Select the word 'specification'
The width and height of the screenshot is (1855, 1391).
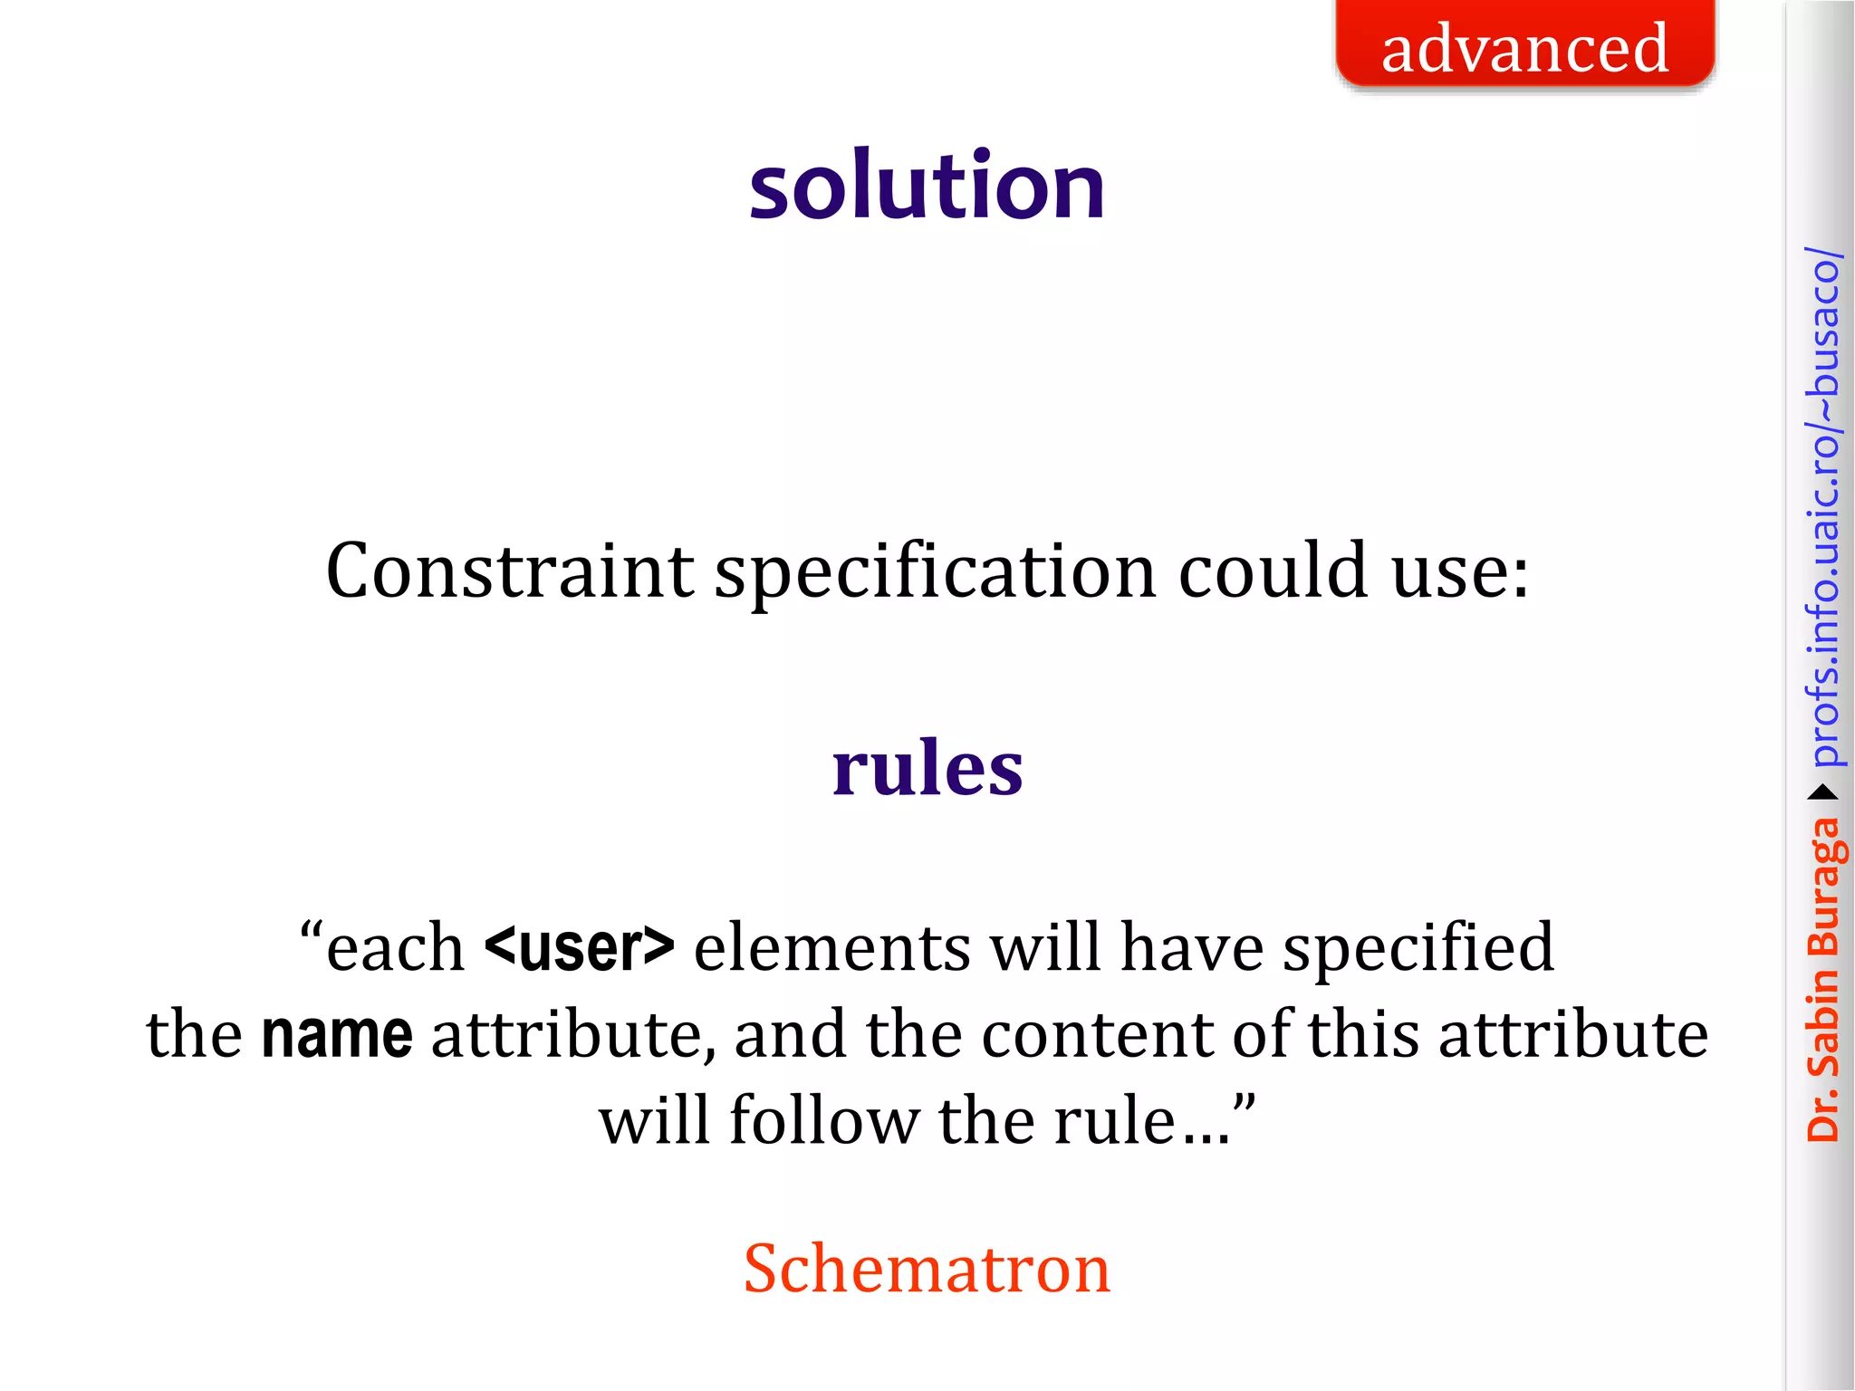(935, 572)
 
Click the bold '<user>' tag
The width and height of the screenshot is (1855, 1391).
(580, 947)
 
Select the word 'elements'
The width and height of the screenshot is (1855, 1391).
(832, 947)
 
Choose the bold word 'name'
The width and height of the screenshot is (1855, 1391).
(337, 1034)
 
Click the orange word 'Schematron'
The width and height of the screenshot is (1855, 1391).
(927, 1268)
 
